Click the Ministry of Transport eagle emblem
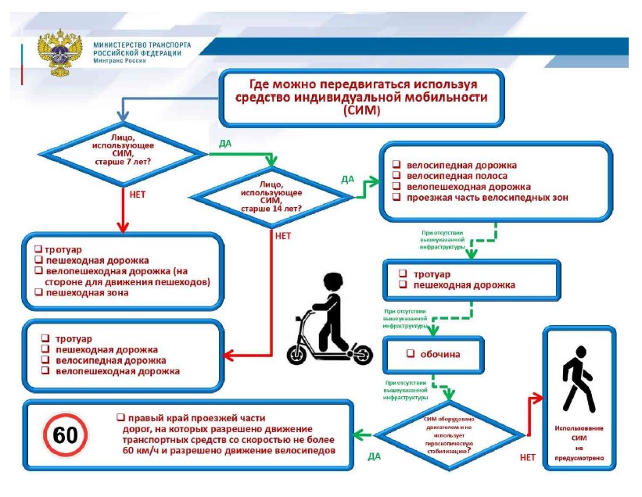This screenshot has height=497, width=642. tap(58, 52)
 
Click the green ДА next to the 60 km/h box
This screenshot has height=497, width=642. tap(375, 456)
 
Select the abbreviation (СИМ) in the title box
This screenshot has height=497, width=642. tap(361, 111)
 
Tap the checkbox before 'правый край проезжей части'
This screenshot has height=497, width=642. tap(120, 417)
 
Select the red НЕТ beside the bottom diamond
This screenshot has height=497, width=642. tap(528, 456)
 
